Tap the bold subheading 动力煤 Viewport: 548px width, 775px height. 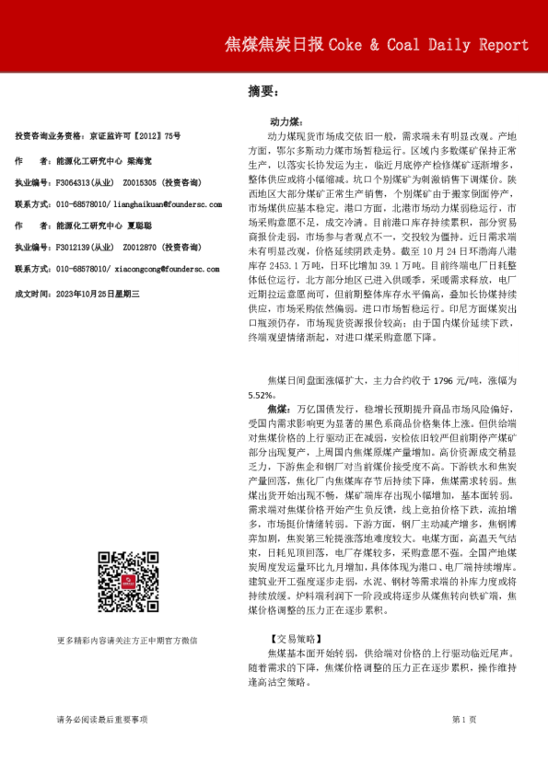tap(283, 121)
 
